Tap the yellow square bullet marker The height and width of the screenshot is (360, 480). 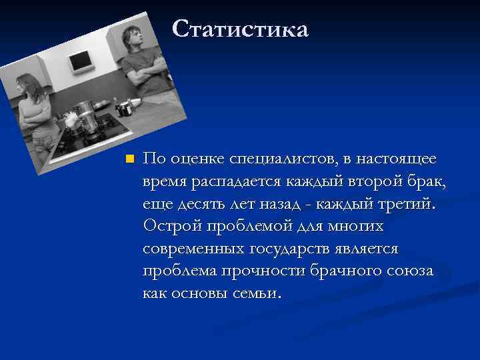coord(130,159)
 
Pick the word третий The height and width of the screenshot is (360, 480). coord(407,204)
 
